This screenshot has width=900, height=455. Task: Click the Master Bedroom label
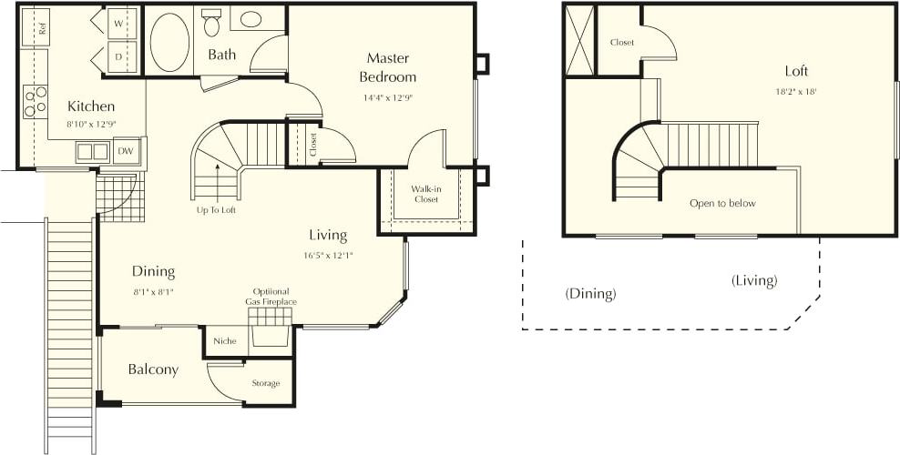(387, 67)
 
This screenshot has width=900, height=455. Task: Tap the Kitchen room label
(91, 106)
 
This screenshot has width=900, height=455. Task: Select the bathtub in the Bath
(169, 43)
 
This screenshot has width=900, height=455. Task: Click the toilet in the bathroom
(212, 24)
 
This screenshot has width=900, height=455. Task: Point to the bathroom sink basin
(250, 19)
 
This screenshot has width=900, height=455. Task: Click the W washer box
(119, 23)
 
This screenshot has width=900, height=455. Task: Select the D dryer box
(119, 56)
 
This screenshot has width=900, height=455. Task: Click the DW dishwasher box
(125, 151)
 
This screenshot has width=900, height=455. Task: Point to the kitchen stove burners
(35, 102)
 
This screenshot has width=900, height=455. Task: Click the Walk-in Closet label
(426, 194)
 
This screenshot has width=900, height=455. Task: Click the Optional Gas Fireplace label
(271, 297)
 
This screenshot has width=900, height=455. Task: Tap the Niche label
(225, 341)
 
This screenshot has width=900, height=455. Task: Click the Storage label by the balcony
(266, 383)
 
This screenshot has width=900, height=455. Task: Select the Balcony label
(153, 369)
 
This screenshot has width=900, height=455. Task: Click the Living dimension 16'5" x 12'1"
(329, 256)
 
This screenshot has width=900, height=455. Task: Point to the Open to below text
(722, 203)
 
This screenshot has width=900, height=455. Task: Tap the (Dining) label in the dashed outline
(590, 294)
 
